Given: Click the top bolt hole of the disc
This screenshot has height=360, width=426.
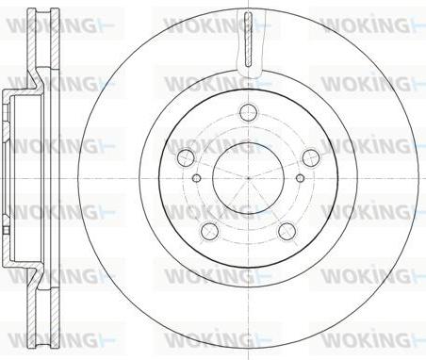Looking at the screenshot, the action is (248, 112).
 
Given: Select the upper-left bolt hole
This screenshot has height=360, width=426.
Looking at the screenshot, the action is (186, 158).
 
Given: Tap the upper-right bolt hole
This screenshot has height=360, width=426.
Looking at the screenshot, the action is (311, 158).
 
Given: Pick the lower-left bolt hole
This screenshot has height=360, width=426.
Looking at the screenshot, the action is (209, 231).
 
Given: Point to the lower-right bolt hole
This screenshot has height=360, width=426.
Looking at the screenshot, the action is (287, 231).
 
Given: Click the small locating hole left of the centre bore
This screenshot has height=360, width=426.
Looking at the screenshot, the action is (196, 178).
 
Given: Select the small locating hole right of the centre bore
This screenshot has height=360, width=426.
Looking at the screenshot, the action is (301, 178).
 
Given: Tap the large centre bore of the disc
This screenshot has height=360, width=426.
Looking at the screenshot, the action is (248, 178).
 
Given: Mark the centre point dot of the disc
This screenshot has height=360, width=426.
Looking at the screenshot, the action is (248, 178).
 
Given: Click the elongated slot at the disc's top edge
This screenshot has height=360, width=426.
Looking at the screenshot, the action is (248, 39).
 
